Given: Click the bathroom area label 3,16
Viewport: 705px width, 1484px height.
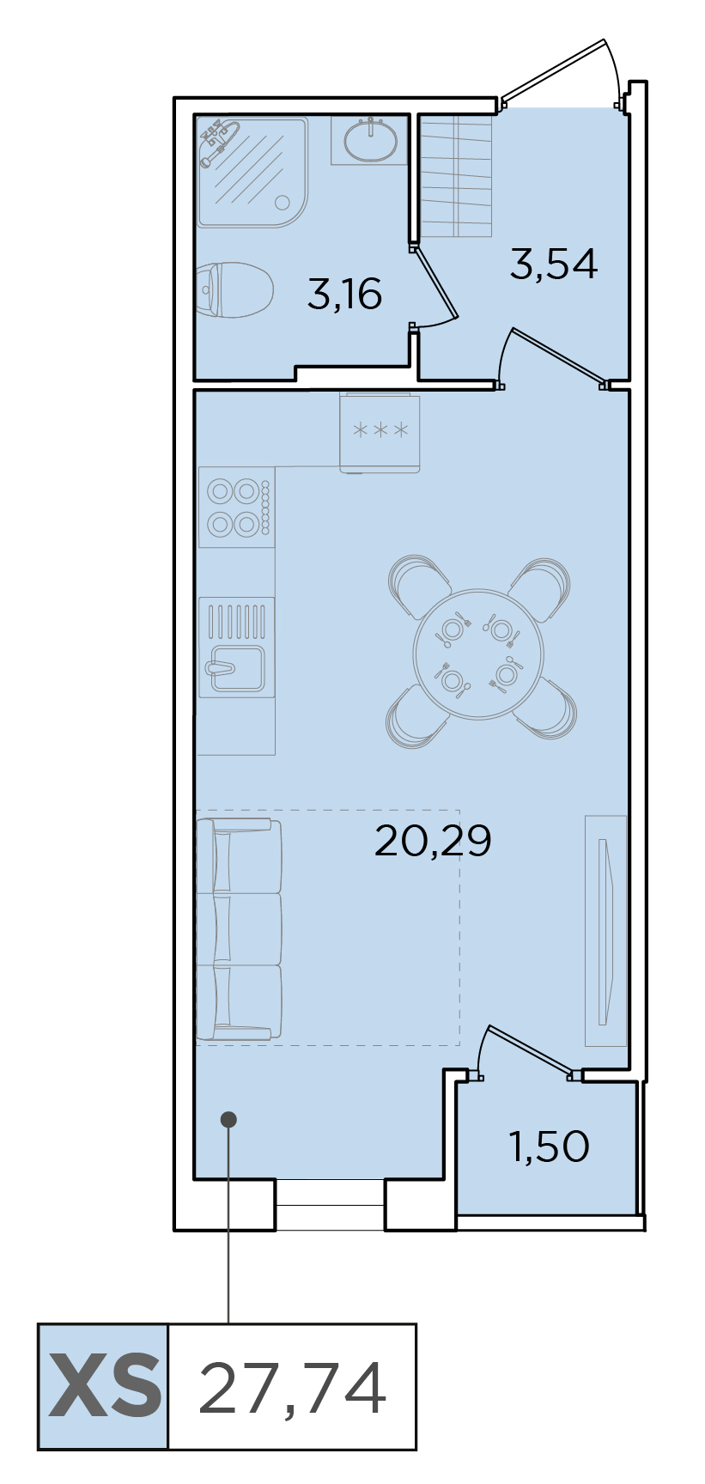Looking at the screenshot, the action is tap(344, 295).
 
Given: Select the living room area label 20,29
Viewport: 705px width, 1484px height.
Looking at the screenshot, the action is tap(433, 840).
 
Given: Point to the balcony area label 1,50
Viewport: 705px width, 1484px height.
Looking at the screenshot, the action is tap(550, 1146).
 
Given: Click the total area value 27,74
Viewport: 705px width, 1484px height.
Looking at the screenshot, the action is tap(292, 1388).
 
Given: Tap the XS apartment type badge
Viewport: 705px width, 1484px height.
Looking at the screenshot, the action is tap(103, 1386).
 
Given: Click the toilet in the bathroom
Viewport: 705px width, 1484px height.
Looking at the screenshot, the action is tap(234, 289).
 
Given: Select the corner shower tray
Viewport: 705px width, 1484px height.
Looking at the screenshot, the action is tap(252, 172).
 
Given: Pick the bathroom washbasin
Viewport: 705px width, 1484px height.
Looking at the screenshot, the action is tap(370, 140).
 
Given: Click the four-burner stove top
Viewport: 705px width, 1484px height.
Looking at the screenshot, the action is tap(236, 507).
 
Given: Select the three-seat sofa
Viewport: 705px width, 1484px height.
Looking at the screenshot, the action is tap(239, 929).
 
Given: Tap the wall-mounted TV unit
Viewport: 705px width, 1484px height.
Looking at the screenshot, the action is tap(606, 931).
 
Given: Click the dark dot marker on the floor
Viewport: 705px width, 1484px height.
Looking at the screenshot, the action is tap(228, 1119).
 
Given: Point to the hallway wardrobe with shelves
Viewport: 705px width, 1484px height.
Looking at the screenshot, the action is tap(456, 176).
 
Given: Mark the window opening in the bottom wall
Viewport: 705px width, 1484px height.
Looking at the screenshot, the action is tap(330, 1204).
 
